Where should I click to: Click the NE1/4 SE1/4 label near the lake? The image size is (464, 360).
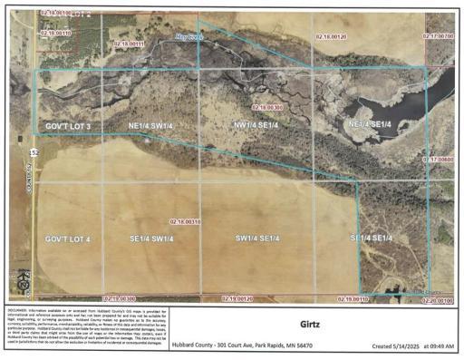[370, 123]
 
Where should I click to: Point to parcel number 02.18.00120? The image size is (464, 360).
[332, 35]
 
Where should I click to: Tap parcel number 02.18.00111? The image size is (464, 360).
[130, 44]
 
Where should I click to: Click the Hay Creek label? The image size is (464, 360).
[190, 35]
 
